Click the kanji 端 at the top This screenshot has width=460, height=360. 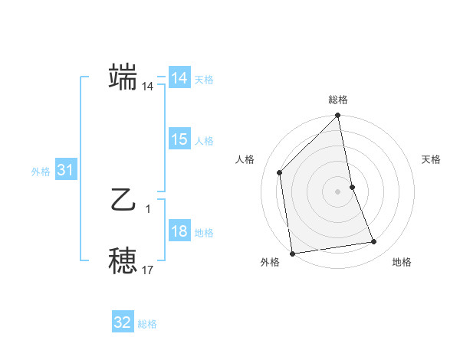click(x=123, y=77)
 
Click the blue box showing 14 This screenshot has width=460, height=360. click(x=179, y=78)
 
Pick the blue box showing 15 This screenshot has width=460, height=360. click(x=179, y=139)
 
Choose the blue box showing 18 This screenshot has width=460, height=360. click(x=179, y=232)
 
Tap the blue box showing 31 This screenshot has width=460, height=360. click(x=65, y=171)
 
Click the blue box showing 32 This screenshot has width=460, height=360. click(x=123, y=322)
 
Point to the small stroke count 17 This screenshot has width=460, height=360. click(x=148, y=270)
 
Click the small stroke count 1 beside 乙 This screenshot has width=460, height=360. click(x=148, y=208)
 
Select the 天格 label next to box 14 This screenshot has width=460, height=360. click(x=204, y=79)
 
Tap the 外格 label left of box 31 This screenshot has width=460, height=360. click(x=41, y=172)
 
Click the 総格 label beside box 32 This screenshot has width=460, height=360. click(x=147, y=323)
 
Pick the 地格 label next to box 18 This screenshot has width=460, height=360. click(x=204, y=233)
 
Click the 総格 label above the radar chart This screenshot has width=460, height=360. click(x=338, y=100)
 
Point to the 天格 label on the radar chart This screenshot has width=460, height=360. click(x=431, y=159)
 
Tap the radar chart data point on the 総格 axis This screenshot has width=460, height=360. click(x=338, y=116)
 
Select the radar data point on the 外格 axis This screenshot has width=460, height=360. click(x=292, y=254)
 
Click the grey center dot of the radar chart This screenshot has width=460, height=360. click(x=338, y=191)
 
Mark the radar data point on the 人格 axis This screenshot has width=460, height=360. click(x=280, y=172)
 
